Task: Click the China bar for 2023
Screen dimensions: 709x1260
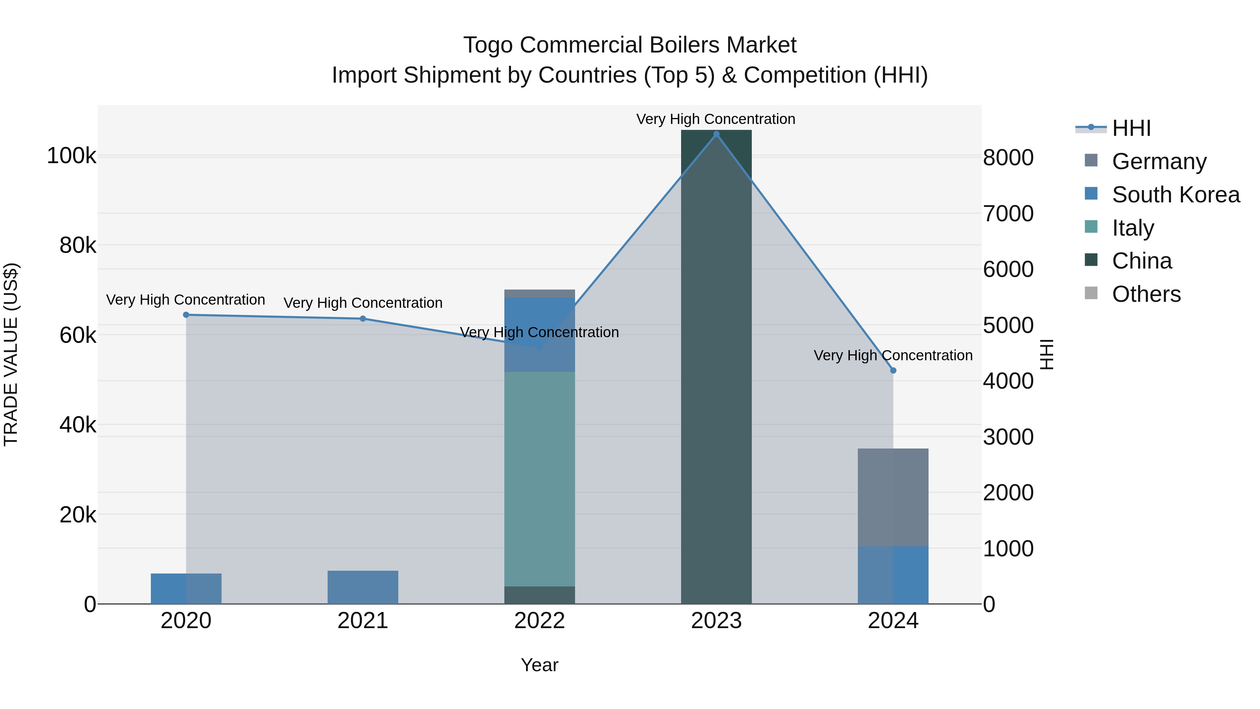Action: (716, 367)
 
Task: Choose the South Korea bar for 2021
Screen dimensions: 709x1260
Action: (363, 587)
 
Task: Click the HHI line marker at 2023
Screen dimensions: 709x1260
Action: (716, 134)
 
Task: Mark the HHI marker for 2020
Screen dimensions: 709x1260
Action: (186, 315)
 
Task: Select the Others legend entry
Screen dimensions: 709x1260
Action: (1146, 294)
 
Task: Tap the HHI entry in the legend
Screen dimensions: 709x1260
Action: (1131, 128)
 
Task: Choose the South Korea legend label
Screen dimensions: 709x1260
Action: (1175, 195)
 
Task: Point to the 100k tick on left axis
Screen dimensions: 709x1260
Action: (71, 156)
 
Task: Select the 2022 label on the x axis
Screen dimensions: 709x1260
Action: (539, 621)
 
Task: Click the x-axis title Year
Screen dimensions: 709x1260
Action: (539, 665)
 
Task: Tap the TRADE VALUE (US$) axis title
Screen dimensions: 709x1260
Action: (11, 354)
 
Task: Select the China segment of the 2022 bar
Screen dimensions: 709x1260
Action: (539, 595)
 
